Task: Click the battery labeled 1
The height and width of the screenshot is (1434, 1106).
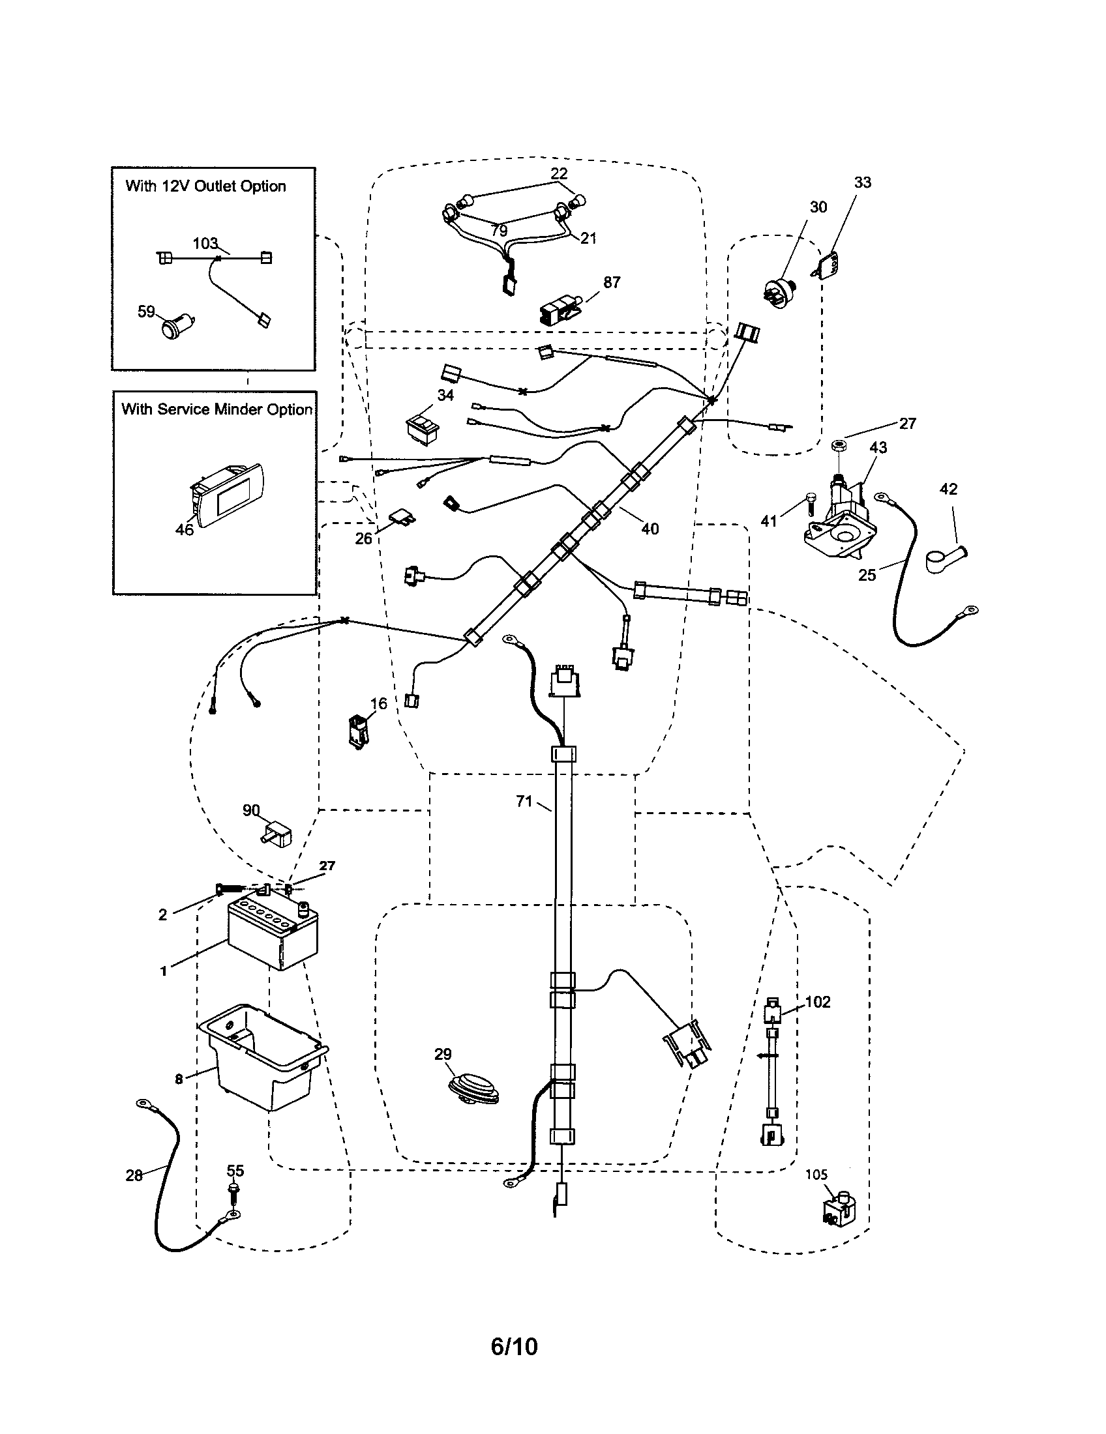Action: tap(272, 935)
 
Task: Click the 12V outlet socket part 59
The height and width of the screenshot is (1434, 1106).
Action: tap(175, 326)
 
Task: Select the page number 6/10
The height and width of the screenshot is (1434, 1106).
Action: tap(514, 1346)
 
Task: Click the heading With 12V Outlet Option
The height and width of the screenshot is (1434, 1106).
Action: tap(205, 186)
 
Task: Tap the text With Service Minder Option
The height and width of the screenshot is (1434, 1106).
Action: tap(216, 409)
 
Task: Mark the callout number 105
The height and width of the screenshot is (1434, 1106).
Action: tap(816, 1175)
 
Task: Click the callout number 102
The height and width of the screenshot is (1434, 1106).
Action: tap(818, 1002)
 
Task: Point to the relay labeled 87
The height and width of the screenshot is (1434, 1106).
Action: tap(559, 309)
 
